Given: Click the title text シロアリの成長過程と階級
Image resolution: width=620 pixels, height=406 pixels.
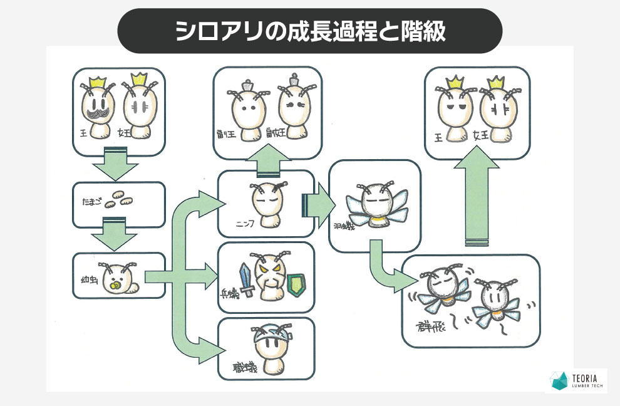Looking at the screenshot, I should point(310,31).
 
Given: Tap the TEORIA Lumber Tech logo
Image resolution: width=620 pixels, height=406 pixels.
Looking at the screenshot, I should point(576,380).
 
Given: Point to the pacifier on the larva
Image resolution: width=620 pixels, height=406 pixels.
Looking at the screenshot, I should point(115,287).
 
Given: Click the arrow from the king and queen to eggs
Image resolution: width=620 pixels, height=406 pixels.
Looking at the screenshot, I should point(115,164).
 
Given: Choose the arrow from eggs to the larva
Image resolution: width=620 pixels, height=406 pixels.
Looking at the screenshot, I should point(115,234).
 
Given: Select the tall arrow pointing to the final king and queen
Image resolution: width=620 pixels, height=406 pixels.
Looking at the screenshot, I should point(476,200).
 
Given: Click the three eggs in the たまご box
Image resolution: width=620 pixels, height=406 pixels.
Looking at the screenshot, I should point(118,200).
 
